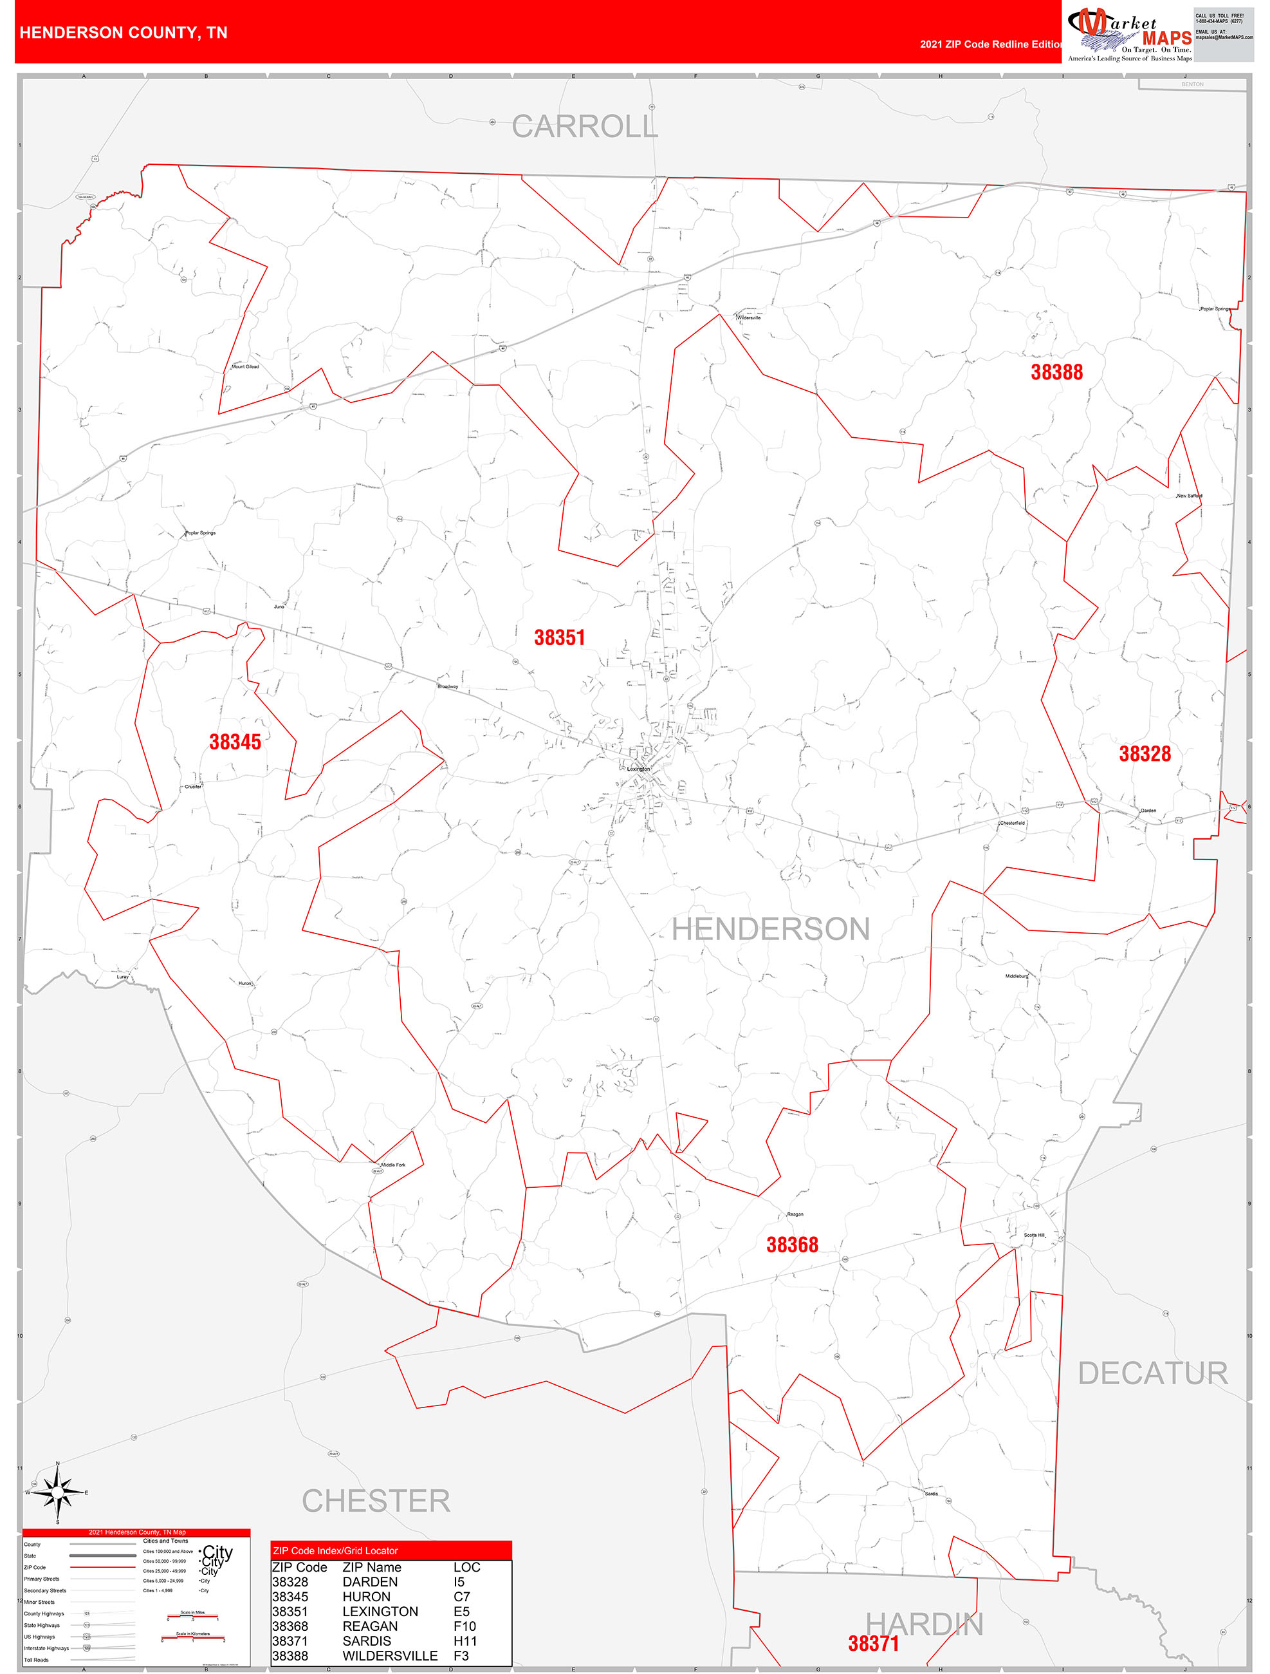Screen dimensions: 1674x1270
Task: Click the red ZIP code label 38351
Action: tap(559, 637)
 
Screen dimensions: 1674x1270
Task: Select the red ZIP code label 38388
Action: tap(1056, 371)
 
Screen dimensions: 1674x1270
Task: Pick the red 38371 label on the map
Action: tap(873, 1643)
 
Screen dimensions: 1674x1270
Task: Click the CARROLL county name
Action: tap(584, 126)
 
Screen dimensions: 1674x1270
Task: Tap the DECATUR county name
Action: tap(1152, 1373)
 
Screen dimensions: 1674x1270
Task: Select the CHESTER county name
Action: tap(375, 1501)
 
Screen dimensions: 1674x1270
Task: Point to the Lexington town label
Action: tap(638, 768)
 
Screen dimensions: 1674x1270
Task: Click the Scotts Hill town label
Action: tap(1033, 1234)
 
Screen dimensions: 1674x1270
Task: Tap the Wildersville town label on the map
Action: tap(749, 318)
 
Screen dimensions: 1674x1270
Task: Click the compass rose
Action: tap(57, 1492)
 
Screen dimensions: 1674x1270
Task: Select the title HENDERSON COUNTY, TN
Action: tap(124, 33)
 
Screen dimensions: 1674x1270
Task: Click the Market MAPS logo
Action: tap(1128, 33)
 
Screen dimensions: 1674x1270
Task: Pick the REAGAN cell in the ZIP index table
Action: tap(370, 1626)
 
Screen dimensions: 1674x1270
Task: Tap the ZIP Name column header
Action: tap(371, 1567)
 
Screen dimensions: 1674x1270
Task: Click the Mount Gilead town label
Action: tap(245, 367)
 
